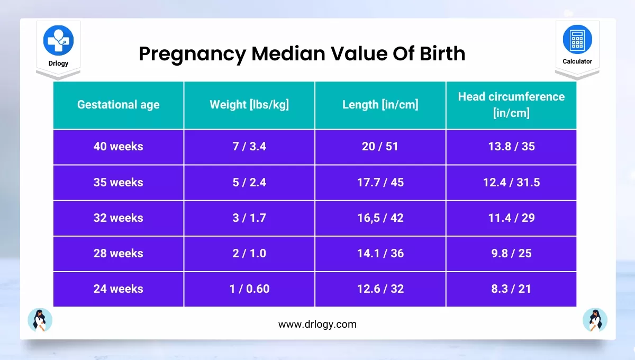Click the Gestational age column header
pos(118,105)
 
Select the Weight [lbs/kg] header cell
pos(249,105)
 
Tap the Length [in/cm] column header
pos(380,105)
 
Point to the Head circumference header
pos(511,105)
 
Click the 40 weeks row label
pos(118,147)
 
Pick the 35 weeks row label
pos(118,183)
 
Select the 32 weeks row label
pos(118,218)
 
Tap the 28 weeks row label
pos(118,254)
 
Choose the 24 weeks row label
pos(118,289)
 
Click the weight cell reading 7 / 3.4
pos(249,147)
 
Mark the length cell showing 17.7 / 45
pos(380,183)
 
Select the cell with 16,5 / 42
pos(380,218)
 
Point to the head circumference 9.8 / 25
pos(511,254)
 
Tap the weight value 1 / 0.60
pos(249,289)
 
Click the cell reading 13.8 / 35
pos(511,147)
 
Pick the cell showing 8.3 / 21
pos(511,289)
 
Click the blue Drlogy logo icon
pos(58,40)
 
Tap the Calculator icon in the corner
pos(577,40)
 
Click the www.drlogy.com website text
pos(317,324)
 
